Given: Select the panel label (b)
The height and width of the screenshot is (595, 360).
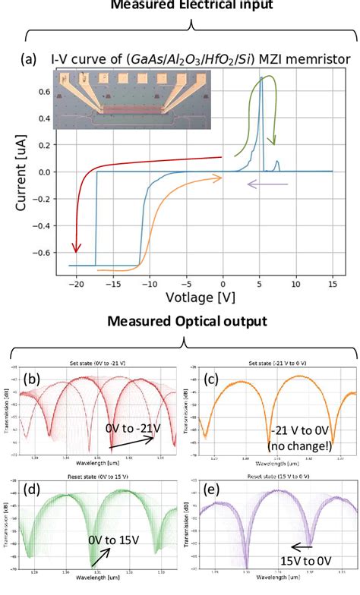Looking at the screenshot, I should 30,380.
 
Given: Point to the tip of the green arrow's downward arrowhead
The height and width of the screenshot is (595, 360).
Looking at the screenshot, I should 274,145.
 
